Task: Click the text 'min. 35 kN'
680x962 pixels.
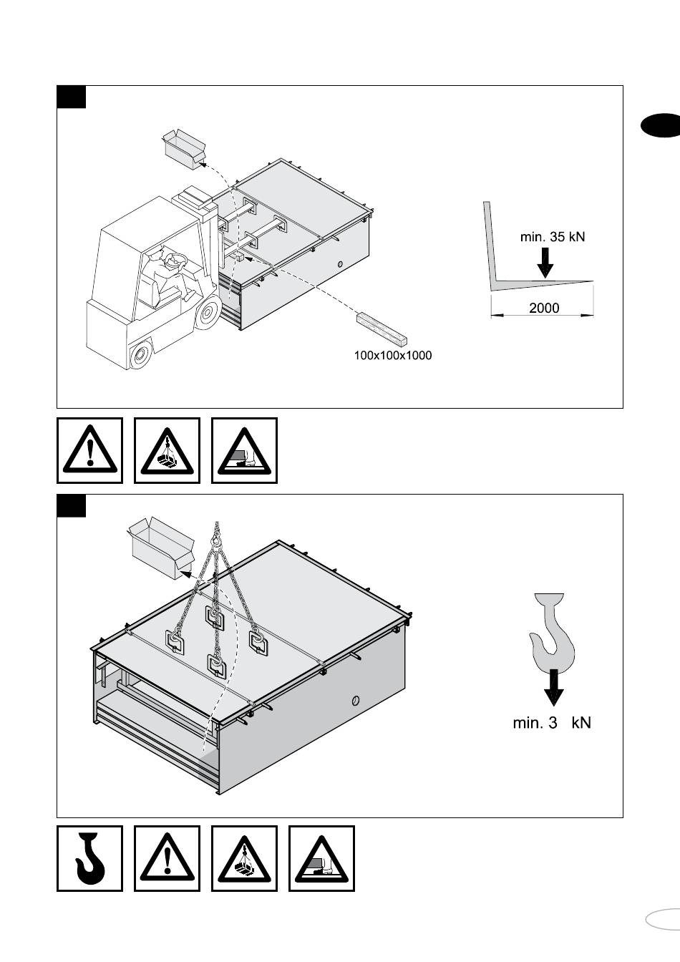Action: click(552, 236)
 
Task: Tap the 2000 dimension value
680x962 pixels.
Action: click(544, 308)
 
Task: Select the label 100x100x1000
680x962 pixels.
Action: click(393, 355)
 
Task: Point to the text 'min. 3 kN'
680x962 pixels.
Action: click(552, 723)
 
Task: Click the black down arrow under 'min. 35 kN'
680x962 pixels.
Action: click(545, 262)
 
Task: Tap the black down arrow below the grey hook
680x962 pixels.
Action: click(553, 688)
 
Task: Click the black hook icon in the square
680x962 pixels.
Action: click(90, 858)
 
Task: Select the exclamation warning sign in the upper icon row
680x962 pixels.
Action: click(90, 451)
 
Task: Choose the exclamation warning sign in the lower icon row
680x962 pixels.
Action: click(167, 858)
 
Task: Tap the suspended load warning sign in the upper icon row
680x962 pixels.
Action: click(167, 451)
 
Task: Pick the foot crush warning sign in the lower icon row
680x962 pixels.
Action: click(321, 858)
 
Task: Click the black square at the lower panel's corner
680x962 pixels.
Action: click(71, 505)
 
